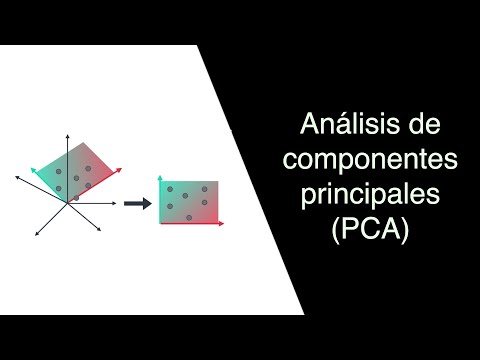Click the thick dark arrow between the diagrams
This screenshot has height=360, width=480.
coord(137,203)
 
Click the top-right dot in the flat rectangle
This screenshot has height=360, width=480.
coord(203,189)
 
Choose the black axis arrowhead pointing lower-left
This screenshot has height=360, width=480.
coord(36,234)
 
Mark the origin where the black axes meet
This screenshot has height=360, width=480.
coord(68,203)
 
